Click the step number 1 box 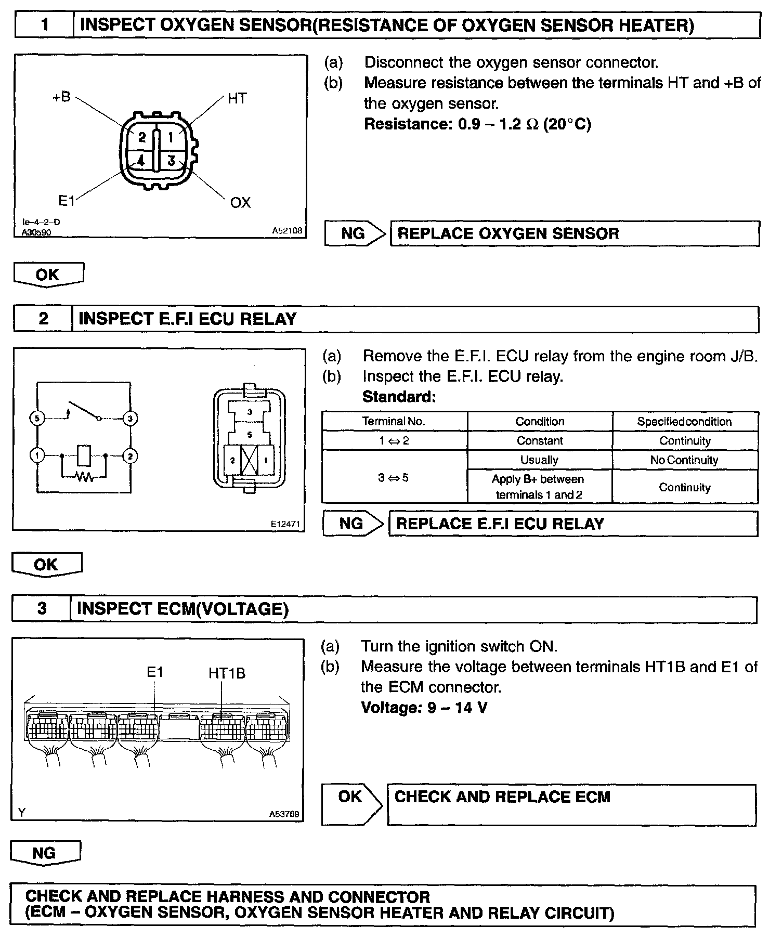point(45,25)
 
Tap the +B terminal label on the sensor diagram point(61,97)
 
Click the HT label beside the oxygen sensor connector point(237,99)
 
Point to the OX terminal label point(240,203)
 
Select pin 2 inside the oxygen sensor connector point(141,137)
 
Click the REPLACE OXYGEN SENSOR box point(574,233)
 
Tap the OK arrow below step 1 point(48,275)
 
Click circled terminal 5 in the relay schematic point(37,418)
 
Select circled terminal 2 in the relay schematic point(129,457)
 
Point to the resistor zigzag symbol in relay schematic point(84,476)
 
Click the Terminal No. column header point(394,422)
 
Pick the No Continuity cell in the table point(684,460)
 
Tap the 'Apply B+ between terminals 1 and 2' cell point(539,487)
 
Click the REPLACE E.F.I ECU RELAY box point(572,524)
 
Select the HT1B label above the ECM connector point(227,673)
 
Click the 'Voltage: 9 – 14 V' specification point(424,708)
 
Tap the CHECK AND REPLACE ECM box point(571,804)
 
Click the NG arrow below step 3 point(45,853)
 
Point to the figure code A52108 point(286,230)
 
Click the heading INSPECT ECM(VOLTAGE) point(183,609)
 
